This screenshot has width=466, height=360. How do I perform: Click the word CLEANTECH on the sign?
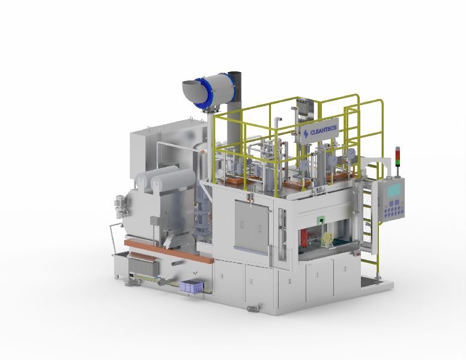pos(323,130)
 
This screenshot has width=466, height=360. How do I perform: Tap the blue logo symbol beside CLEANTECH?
pos(306,134)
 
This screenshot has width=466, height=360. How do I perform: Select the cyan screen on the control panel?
pos(394,190)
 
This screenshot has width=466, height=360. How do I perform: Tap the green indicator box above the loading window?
pos(321,220)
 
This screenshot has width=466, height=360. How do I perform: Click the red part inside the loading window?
pos(304,238)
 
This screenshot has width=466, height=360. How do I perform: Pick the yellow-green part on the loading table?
pos(326,239)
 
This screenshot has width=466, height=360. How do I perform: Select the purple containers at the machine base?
pos(192,286)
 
